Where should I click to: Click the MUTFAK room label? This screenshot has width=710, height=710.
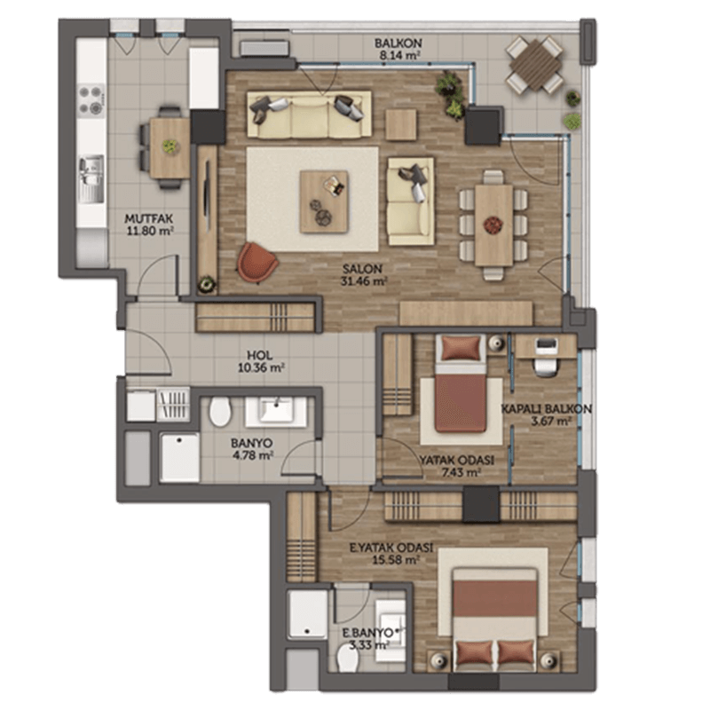click(x=149, y=219)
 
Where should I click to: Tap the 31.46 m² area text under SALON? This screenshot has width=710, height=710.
click(x=364, y=280)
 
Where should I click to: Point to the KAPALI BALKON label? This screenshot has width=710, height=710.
click(x=546, y=409)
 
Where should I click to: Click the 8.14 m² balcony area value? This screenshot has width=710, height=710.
click(x=398, y=56)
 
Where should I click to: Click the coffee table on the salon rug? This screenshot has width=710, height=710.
click(x=324, y=201)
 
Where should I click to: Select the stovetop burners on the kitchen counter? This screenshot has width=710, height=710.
click(x=91, y=100)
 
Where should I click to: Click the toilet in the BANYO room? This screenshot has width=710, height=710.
click(x=220, y=411)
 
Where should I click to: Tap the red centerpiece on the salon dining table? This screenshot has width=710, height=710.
click(x=493, y=225)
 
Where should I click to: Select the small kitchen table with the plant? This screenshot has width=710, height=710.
click(x=170, y=147)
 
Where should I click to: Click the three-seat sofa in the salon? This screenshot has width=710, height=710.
click(x=309, y=114)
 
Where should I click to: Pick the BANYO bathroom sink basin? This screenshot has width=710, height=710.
click(x=276, y=412)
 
